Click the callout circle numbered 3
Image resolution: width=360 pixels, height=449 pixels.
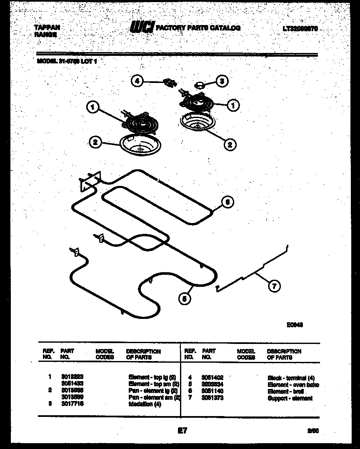point(222,81)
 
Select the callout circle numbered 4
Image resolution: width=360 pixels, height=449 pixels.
point(137,81)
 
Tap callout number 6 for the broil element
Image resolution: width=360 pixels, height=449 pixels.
point(227,202)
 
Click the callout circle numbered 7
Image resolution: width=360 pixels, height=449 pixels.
point(273,286)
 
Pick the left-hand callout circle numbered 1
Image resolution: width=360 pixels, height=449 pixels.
point(93,108)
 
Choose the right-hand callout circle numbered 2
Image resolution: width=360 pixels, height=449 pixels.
point(229,144)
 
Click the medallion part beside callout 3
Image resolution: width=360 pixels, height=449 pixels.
point(199,85)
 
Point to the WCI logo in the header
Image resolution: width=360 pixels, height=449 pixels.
point(142,28)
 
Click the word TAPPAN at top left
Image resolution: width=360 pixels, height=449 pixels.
point(47,28)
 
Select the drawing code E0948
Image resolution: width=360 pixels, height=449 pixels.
point(294,325)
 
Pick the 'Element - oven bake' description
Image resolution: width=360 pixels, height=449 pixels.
point(293,384)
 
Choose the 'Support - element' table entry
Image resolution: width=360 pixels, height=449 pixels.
point(290,398)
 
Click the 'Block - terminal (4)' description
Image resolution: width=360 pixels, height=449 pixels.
point(291,378)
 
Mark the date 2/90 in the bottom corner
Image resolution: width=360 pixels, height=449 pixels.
point(313,431)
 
